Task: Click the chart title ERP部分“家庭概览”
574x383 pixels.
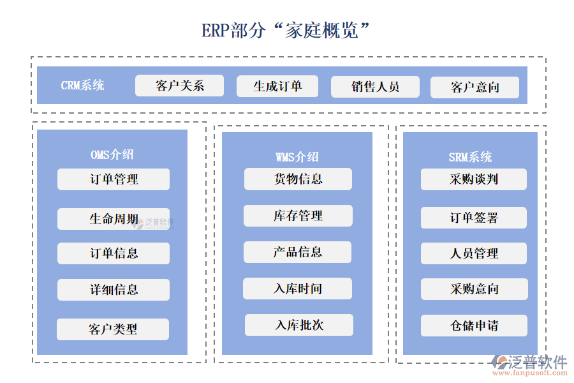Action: (286, 30)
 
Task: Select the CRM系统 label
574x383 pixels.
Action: (83, 86)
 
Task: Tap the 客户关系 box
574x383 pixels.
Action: (179, 86)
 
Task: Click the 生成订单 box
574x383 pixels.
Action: (277, 86)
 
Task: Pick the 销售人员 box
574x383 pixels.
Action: (375, 87)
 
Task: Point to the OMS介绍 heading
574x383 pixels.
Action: (112, 154)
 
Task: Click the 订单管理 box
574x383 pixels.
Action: (114, 179)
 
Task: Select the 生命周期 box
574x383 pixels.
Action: (114, 219)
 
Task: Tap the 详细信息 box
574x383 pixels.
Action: (114, 290)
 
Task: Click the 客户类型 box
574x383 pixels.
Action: (113, 329)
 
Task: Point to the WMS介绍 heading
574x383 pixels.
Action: (297, 157)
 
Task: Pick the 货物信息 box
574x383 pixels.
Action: (298, 179)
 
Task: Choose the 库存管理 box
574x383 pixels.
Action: (298, 216)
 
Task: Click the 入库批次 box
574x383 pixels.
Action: (299, 325)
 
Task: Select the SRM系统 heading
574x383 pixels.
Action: (470, 157)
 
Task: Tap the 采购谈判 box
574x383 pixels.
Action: (474, 179)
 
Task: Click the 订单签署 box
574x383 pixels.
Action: (474, 218)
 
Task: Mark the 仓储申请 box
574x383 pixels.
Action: (474, 326)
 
